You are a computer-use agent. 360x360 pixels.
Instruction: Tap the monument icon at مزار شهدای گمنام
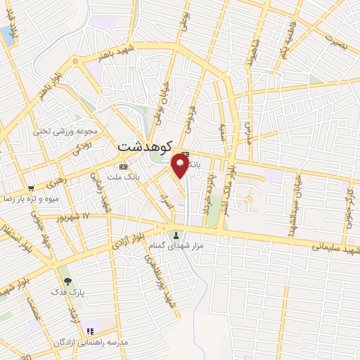176,235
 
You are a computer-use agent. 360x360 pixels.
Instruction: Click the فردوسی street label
191,116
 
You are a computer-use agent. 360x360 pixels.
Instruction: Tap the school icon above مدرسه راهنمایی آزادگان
89,330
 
